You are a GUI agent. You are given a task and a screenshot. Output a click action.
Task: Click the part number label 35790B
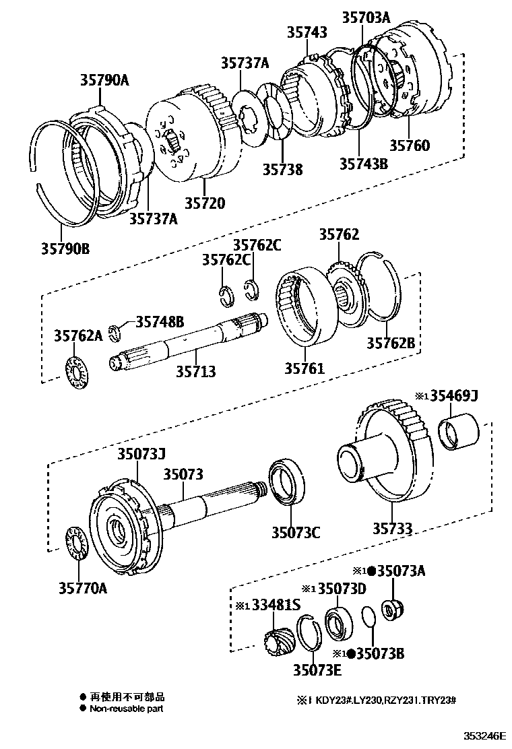click(x=65, y=249)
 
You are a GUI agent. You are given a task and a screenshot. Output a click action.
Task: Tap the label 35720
click(x=205, y=203)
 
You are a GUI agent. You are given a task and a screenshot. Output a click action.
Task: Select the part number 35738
click(x=282, y=169)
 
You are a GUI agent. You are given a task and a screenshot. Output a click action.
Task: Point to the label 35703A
click(x=366, y=18)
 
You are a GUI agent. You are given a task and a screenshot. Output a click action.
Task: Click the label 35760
click(x=410, y=145)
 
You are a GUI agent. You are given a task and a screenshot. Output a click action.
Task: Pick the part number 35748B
click(x=160, y=321)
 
